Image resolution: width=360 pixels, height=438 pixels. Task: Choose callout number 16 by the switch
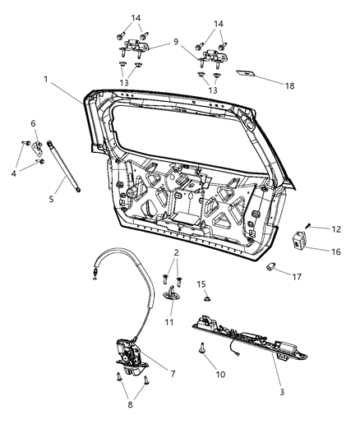(34, 123)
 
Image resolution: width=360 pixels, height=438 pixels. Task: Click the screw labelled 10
(201, 348)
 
